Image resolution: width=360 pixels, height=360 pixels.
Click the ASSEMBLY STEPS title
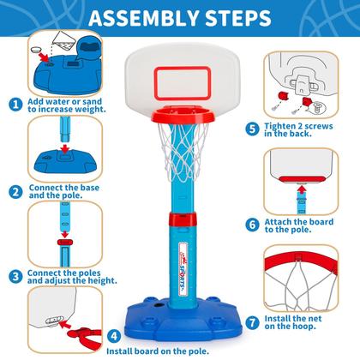coord(180,17)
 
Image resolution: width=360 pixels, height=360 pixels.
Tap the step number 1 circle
coord(16,105)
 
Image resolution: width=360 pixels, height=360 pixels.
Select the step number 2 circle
coord(16,189)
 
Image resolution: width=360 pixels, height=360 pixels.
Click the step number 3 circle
coord(16,276)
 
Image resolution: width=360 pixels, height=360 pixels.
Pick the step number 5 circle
coord(251,129)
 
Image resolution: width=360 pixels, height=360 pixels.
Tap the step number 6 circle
coord(251,225)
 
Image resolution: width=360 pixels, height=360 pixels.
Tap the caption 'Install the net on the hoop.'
coord(306,320)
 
